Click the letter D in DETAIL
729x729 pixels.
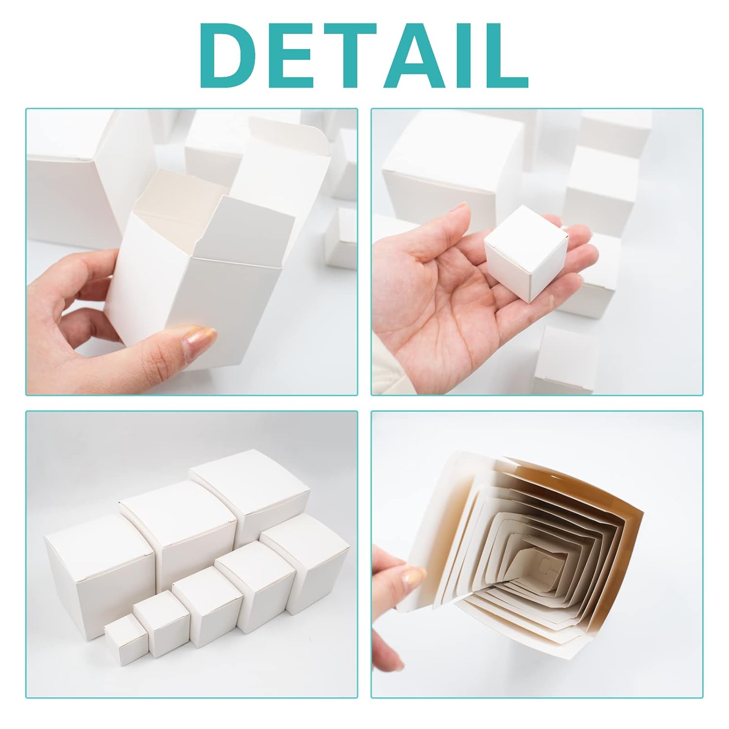[x=231, y=55]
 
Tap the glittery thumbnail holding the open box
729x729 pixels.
[x=198, y=340]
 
